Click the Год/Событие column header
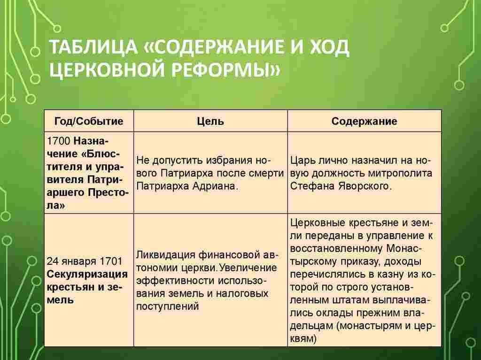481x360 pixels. coord(89,122)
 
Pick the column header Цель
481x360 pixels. coord(210,122)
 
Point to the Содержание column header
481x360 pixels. coord(364,122)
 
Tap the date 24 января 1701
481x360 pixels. coord(84,261)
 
